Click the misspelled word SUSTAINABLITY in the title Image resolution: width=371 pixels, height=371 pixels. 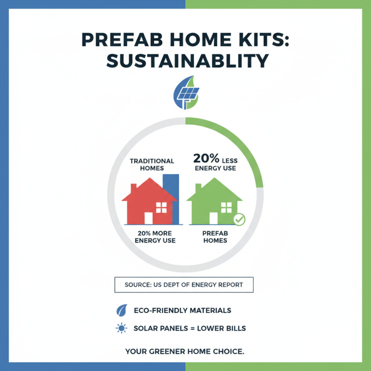pyautogui.click(x=185, y=61)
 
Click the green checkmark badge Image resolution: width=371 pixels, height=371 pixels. pyautogui.click(x=239, y=219)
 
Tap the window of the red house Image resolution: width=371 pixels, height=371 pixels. pyautogui.click(x=161, y=207)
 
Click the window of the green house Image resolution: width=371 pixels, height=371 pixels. pyautogui.click(x=227, y=207)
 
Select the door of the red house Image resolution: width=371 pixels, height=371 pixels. pyautogui.click(x=148, y=218)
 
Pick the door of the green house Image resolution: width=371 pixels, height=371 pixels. pyautogui.click(x=214, y=218)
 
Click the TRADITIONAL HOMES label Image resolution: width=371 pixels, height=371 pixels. pyautogui.click(x=152, y=164)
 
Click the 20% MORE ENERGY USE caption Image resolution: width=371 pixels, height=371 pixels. pyautogui.click(x=155, y=237)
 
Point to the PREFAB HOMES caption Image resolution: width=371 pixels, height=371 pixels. pyautogui.click(x=215, y=237)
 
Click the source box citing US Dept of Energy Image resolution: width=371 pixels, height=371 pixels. pyautogui.click(x=184, y=285)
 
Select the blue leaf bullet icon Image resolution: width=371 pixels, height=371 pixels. pyautogui.click(x=122, y=310)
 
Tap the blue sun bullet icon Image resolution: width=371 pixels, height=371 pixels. pyautogui.click(x=122, y=328)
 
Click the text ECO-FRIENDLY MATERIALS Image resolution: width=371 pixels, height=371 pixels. pyautogui.click(x=182, y=310)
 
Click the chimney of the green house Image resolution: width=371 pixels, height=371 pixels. pyautogui.click(x=198, y=189)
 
